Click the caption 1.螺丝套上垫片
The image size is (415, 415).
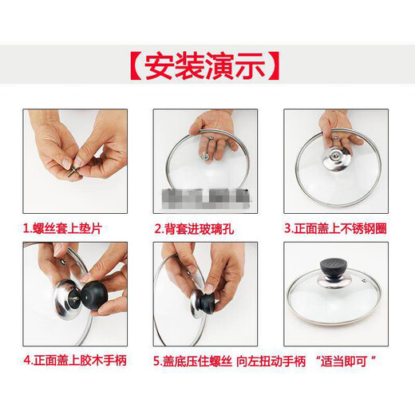(63, 228)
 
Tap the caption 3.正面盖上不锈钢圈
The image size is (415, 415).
(336, 228)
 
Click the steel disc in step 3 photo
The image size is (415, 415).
(336, 160)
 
